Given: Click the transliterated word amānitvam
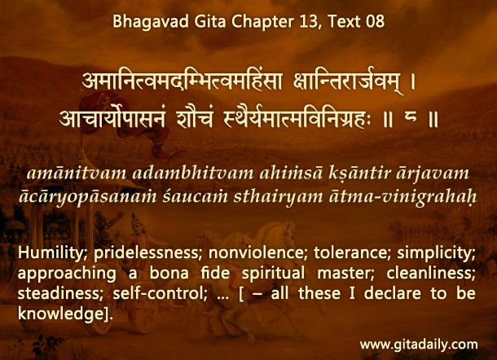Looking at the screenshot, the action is click(77, 173).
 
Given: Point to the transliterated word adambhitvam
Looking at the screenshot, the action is click(193, 173).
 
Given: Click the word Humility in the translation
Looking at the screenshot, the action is click(51, 253).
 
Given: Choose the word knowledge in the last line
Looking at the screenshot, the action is click(61, 314).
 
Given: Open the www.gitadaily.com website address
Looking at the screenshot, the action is click(419, 345).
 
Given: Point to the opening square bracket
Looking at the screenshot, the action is click(241, 294).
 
